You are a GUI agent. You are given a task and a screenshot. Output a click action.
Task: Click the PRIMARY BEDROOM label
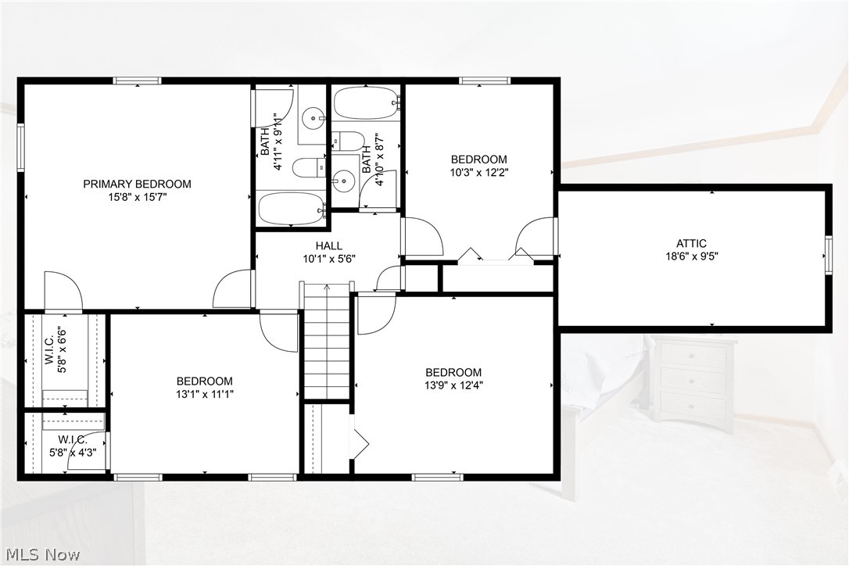(x=137, y=184)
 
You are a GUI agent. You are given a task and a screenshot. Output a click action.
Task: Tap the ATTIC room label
(x=691, y=243)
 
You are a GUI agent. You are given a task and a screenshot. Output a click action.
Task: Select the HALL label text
(x=328, y=245)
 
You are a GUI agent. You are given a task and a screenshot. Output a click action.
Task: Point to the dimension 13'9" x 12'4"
(x=453, y=384)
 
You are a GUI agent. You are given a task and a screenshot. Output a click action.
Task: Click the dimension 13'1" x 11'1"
(x=205, y=394)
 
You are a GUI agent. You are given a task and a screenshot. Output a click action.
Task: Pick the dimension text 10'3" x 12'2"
(x=478, y=172)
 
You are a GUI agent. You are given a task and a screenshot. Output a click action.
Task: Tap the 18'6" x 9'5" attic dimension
(x=691, y=256)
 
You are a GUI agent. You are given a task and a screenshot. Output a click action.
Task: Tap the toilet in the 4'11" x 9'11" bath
(x=310, y=167)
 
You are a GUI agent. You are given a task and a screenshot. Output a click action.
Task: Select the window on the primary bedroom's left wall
(x=21, y=147)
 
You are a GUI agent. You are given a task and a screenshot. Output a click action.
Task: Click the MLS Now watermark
(x=41, y=555)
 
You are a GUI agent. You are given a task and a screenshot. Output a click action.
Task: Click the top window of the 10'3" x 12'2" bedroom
(x=485, y=80)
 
